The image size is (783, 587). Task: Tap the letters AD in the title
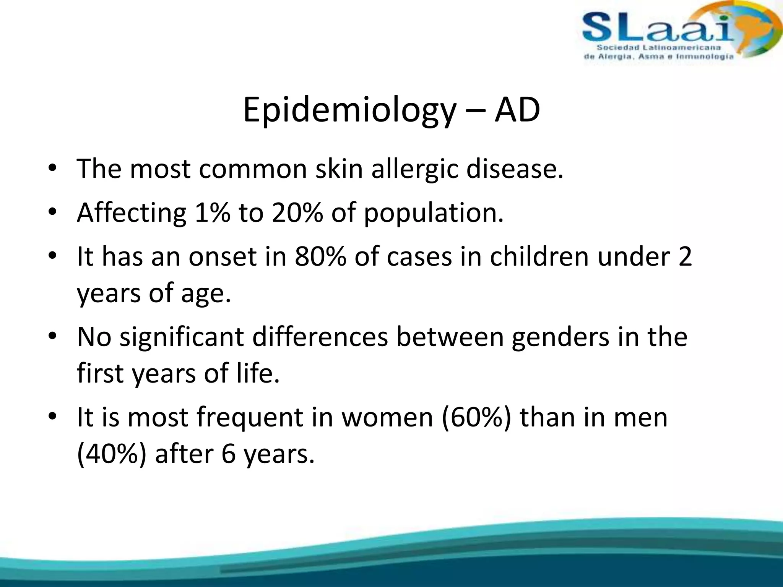pyautogui.click(x=517, y=110)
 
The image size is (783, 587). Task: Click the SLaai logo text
pyautogui.click(x=658, y=28)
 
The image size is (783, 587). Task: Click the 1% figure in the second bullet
pyautogui.click(x=212, y=212)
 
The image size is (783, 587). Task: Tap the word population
pyautogui.click(x=433, y=213)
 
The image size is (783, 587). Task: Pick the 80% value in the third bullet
pyautogui.click(x=320, y=256)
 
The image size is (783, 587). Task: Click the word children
pyautogui.click(x=539, y=256)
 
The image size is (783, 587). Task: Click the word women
pyautogui.click(x=387, y=417)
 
